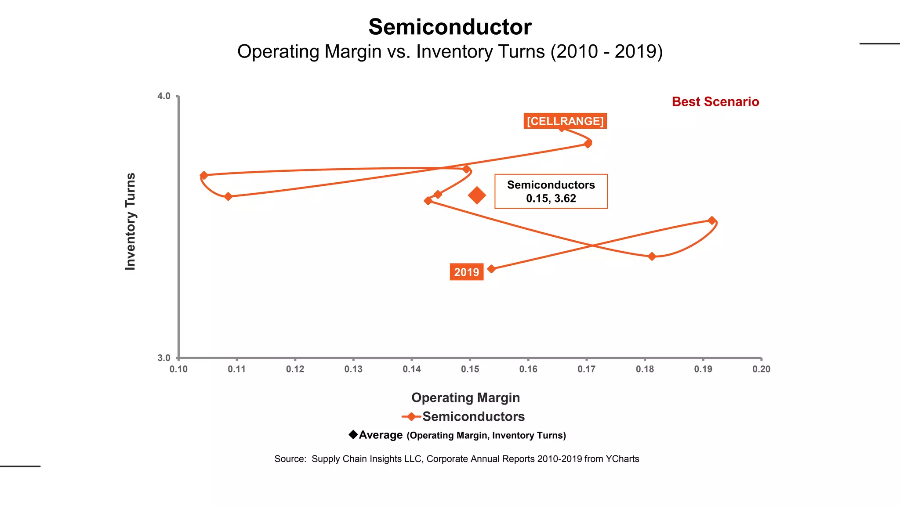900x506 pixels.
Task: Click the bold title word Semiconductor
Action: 450,27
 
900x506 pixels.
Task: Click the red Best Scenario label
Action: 715,102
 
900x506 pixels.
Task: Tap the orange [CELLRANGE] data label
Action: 565,121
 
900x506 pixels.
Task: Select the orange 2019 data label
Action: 466,272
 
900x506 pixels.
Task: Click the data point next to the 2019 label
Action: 491,269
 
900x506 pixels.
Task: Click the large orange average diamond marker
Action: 477,195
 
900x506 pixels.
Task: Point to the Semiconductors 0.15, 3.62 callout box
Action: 551,192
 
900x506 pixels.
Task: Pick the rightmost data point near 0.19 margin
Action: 712,220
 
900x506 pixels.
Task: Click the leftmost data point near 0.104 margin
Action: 204,176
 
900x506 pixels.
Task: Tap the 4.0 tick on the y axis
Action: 164,96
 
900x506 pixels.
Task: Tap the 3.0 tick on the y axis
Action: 164,358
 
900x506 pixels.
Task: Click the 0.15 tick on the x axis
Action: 470,369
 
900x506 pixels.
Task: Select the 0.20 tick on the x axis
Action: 761,369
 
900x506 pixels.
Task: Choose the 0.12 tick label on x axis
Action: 295,369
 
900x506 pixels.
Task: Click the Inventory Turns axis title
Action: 131,221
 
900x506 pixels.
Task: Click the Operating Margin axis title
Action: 465,398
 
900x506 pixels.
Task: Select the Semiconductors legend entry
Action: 473,416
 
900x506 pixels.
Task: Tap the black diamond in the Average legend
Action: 353,434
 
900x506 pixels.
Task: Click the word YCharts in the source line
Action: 622,459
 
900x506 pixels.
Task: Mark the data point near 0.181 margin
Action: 652,257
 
